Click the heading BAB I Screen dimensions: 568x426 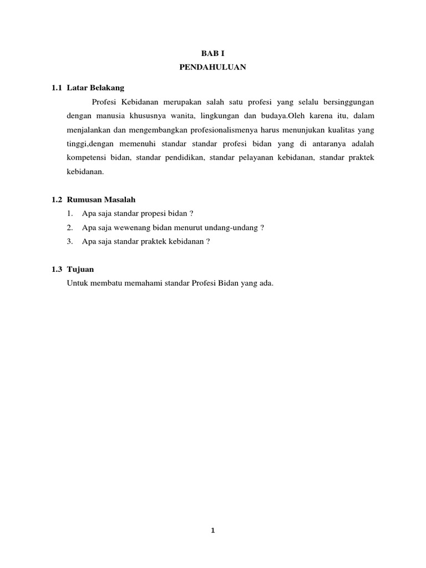213,54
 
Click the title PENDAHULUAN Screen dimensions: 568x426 213,67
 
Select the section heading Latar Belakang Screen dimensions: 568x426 95,88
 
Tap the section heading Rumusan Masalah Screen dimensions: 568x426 102,199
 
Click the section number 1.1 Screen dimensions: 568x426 57,88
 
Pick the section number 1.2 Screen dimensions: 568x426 57,199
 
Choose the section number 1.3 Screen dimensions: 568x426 57,269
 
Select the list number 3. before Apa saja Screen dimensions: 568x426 69,241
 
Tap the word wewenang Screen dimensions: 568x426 133,227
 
